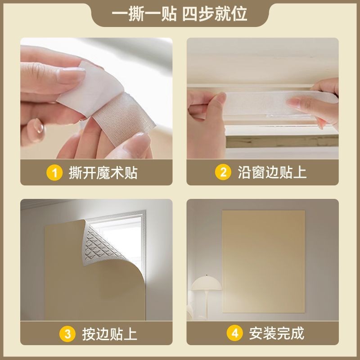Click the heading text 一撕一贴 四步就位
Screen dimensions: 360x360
point(179,14)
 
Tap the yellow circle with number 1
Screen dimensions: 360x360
point(54,173)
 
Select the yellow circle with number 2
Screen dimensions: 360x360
point(223,172)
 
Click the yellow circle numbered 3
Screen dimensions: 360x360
point(67,334)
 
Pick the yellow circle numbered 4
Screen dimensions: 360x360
point(234,333)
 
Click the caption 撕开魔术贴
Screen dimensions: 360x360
point(103,173)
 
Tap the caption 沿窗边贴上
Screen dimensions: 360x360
point(272,172)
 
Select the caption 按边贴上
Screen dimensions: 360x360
point(109,334)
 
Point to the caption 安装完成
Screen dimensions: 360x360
point(277,333)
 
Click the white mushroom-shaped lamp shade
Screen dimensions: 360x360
point(207,283)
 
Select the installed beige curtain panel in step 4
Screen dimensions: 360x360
point(264,261)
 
